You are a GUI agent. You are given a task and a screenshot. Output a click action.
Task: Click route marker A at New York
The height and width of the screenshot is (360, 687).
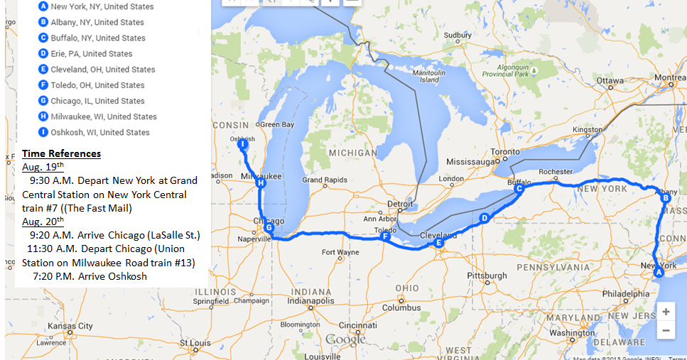click(x=658, y=272)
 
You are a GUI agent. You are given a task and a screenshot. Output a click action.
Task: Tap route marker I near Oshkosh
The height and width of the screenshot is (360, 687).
click(x=242, y=144)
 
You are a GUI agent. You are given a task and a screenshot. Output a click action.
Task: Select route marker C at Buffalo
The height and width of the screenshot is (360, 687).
click(x=519, y=189)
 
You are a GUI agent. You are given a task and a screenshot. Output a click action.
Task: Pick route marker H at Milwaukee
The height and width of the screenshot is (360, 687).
click(x=261, y=183)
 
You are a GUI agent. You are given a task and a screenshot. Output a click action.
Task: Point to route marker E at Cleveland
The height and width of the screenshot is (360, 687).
click(x=438, y=244)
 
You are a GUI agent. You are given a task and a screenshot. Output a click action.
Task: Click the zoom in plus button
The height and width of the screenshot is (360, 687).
click(x=666, y=312)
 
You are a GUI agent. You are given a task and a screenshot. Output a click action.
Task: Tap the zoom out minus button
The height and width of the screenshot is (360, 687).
click(x=666, y=330)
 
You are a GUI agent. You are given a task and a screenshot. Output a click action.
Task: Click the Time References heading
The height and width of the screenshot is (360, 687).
click(x=61, y=153)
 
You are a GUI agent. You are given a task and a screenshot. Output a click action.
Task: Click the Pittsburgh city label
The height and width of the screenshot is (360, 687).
click(x=487, y=276)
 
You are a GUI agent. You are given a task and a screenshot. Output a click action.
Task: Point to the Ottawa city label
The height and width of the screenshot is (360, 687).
click(x=609, y=81)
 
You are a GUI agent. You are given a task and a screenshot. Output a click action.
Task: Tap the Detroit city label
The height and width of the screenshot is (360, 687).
click(x=400, y=204)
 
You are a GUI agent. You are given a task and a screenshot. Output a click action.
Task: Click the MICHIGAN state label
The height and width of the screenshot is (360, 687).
click(x=352, y=153)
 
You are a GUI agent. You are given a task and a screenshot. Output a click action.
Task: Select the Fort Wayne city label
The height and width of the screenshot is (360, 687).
click(x=340, y=252)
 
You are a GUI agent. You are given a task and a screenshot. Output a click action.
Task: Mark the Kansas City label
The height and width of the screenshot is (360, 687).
click(x=70, y=326)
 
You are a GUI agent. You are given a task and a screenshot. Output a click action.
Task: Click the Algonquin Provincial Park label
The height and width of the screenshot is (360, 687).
click(x=503, y=70)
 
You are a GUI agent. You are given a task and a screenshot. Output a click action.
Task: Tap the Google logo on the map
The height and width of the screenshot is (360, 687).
click(x=346, y=340)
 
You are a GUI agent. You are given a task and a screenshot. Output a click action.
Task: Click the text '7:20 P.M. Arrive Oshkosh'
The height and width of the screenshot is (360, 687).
click(x=90, y=276)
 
